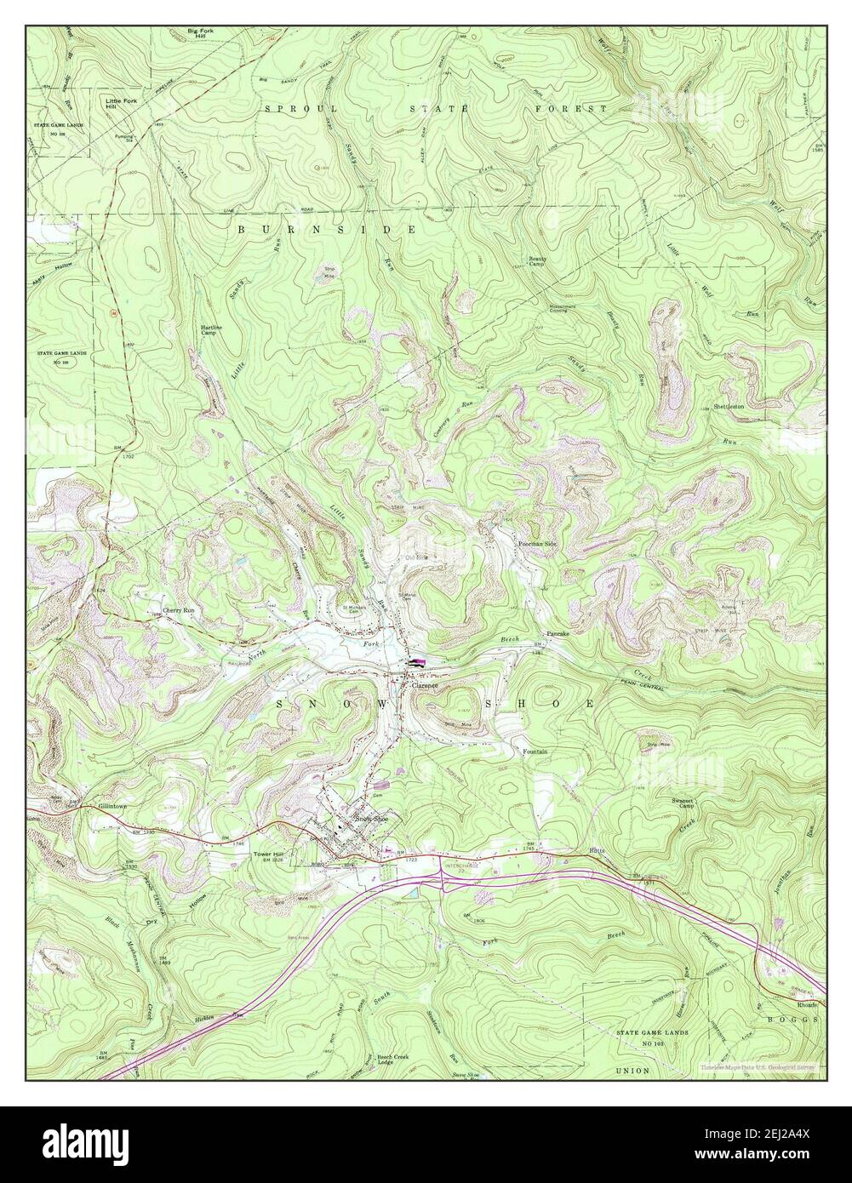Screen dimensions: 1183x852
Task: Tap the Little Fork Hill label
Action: click(121, 104)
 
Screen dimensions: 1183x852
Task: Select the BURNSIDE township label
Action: click(327, 230)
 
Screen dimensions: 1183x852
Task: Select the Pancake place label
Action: click(557, 634)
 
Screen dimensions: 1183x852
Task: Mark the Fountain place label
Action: click(535, 752)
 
